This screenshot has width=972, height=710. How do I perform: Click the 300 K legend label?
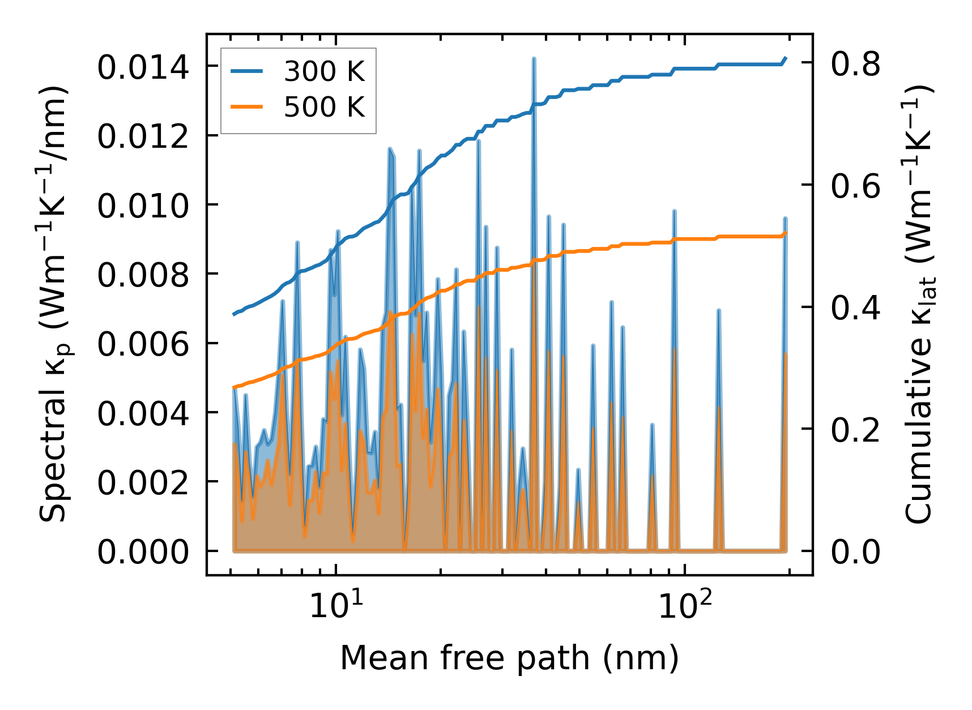tap(324, 72)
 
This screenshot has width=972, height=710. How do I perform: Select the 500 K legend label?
tap(324, 107)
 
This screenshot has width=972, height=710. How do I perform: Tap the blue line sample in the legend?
tap(247, 72)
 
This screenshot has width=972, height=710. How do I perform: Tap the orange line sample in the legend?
tap(247, 107)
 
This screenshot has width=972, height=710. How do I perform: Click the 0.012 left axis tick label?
tap(143, 137)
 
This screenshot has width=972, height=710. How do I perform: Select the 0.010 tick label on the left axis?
tap(143, 206)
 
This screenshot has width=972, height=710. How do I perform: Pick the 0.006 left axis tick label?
tap(143, 344)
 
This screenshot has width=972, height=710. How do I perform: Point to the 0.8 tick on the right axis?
tap(855, 63)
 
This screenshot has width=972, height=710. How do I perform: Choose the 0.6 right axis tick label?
tap(855, 186)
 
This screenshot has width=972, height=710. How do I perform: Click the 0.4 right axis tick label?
tap(855, 308)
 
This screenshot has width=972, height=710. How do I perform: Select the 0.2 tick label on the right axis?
tap(855, 430)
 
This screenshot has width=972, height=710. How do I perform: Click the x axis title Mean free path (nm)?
tap(509, 658)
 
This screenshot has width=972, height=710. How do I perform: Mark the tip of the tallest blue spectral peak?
tap(534, 58)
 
